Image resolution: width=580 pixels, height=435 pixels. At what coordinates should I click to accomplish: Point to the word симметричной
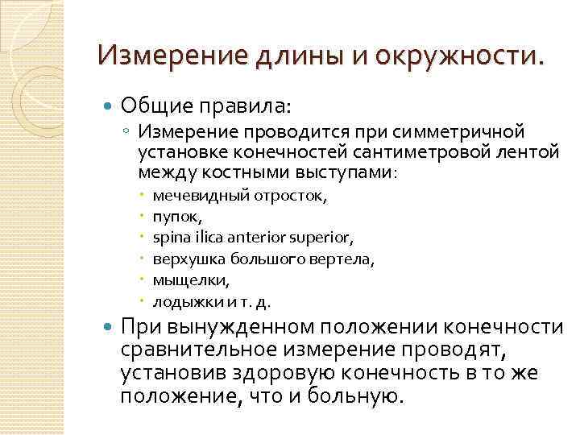(460, 130)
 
